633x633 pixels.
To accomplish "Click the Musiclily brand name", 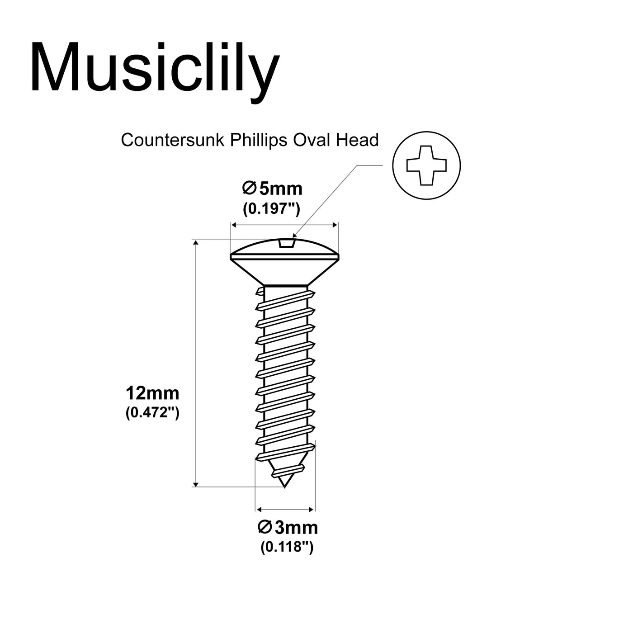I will click(x=154, y=68).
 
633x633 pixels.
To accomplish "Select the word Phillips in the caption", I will click(x=259, y=140).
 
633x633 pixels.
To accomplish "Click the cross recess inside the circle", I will click(x=426, y=165).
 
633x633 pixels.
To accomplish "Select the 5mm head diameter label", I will click(x=273, y=188).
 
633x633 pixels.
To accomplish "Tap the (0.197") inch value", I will click(x=272, y=208).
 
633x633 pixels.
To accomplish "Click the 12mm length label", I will click(x=152, y=393).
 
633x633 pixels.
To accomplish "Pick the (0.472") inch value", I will click(x=152, y=412).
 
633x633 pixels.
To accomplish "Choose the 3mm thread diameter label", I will click(x=288, y=528).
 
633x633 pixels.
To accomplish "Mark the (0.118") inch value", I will click(x=287, y=547).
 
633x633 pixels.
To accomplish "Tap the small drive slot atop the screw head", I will click(x=287, y=244).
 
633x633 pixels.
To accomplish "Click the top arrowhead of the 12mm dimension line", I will click(x=196, y=243).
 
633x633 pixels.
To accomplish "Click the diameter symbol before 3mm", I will click(x=265, y=527).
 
